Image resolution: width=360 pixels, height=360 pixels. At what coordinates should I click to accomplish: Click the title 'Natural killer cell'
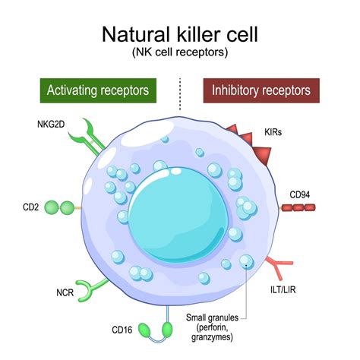point(180,35)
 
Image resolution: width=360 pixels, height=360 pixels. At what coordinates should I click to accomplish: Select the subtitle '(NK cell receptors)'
point(180,54)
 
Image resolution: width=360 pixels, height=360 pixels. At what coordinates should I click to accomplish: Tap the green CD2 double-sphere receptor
point(59,207)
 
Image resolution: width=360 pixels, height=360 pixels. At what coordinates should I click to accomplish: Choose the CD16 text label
point(123,330)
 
